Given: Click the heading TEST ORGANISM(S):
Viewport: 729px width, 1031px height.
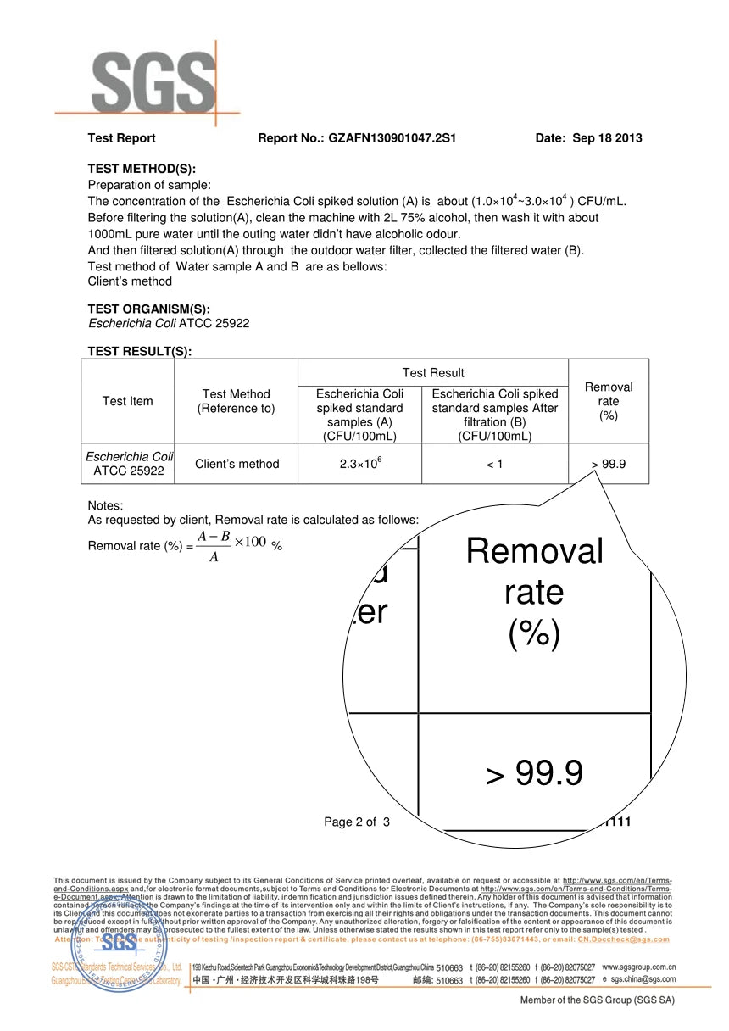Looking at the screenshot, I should (x=149, y=309).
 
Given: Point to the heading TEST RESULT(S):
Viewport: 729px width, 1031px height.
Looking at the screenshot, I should (x=140, y=352).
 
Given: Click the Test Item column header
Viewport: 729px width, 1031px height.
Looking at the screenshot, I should (x=127, y=401).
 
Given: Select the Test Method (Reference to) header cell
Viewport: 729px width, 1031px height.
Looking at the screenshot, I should (x=236, y=401).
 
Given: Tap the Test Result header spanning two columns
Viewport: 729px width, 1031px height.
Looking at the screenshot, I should (x=432, y=373).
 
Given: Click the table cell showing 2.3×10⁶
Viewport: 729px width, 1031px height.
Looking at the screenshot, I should (x=359, y=464).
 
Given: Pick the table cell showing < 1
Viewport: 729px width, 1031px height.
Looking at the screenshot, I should (x=494, y=464).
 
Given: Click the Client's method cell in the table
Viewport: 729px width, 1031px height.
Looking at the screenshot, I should (x=237, y=464).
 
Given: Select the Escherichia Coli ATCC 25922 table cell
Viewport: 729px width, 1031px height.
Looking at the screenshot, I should (x=127, y=464).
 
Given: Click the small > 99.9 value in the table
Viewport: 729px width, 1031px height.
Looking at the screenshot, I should (x=609, y=464).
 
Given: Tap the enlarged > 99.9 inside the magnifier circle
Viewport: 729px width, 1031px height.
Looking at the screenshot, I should (x=534, y=773).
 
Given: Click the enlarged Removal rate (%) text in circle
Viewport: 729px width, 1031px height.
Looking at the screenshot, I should (x=534, y=591).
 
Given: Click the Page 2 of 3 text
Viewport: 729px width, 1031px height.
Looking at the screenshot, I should (x=357, y=822).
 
